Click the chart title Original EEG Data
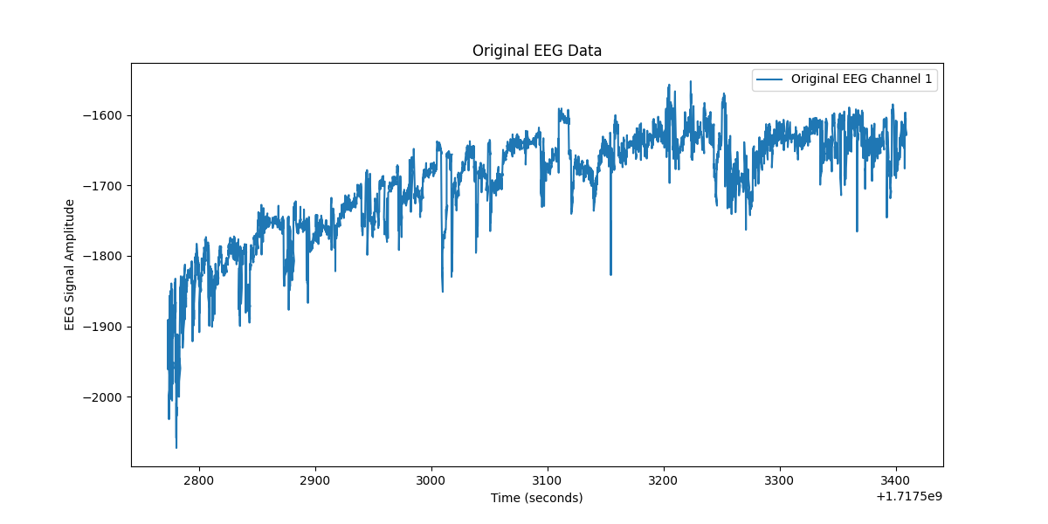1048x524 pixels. click(x=536, y=51)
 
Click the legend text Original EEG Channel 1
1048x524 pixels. click(x=861, y=79)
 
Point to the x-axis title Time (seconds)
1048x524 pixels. click(x=536, y=498)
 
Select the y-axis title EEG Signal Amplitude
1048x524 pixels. click(x=70, y=265)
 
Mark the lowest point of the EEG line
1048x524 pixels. click(x=176, y=447)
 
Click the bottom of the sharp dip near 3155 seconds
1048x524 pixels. click(x=610, y=274)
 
